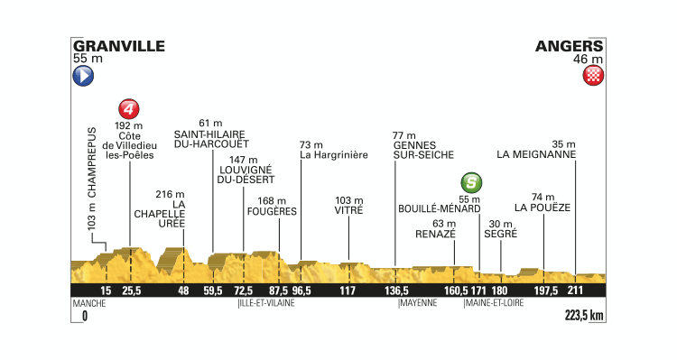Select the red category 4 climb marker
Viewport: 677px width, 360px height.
point(130,109)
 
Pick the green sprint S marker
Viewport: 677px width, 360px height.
point(469,180)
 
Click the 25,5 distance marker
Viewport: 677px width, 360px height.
point(132,291)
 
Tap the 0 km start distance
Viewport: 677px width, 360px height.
point(85,316)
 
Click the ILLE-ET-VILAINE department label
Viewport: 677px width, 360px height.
point(266,304)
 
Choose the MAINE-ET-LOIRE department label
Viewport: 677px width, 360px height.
point(495,304)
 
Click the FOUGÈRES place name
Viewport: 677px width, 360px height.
point(272,211)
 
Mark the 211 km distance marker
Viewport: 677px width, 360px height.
point(575,291)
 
